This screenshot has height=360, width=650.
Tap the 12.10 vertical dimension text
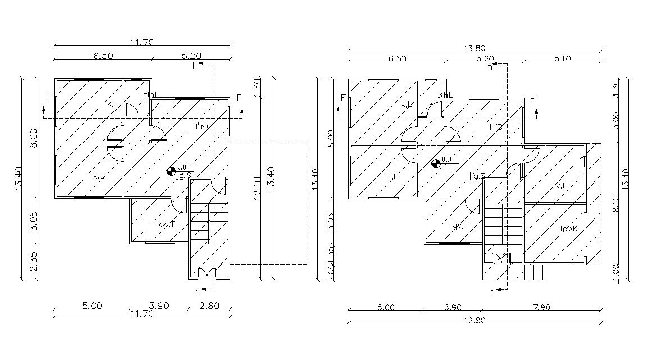click(x=257, y=189)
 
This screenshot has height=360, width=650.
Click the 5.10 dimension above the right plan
click(x=563, y=58)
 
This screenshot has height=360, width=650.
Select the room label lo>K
click(x=569, y=229)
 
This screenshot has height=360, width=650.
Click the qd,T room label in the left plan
click(x=166, y=225)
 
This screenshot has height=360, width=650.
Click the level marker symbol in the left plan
click(x=172, y=171)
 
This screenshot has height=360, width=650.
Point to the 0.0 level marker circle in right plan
click(x=435, y=163)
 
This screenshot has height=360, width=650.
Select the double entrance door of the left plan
click(x=205, y=274)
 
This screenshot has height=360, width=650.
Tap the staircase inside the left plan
click(x=201, y=222)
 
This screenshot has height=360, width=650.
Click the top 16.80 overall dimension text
click(x=475, y=49)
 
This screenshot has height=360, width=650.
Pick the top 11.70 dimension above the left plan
click(x=142, y=42)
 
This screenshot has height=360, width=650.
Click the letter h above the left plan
click(x=195, y=66)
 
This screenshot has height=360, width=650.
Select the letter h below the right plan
click(x=492, y=291)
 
